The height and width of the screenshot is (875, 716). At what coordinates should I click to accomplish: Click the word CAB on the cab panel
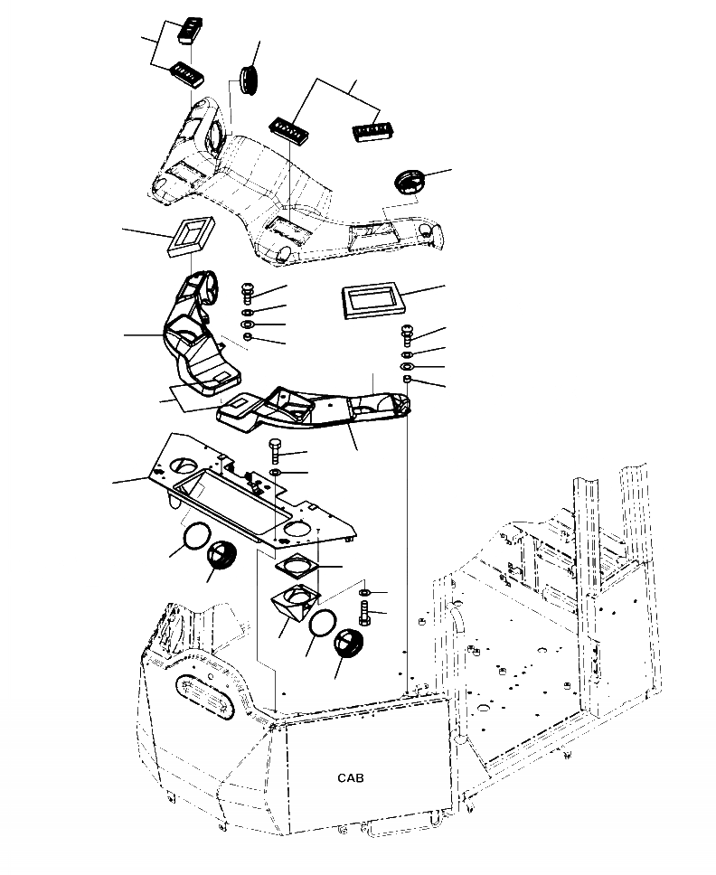coord(352,777)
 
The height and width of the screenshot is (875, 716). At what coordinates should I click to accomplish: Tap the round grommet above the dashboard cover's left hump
coord(250,79)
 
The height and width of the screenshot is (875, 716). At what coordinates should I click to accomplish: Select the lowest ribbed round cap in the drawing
coord(347,646)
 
